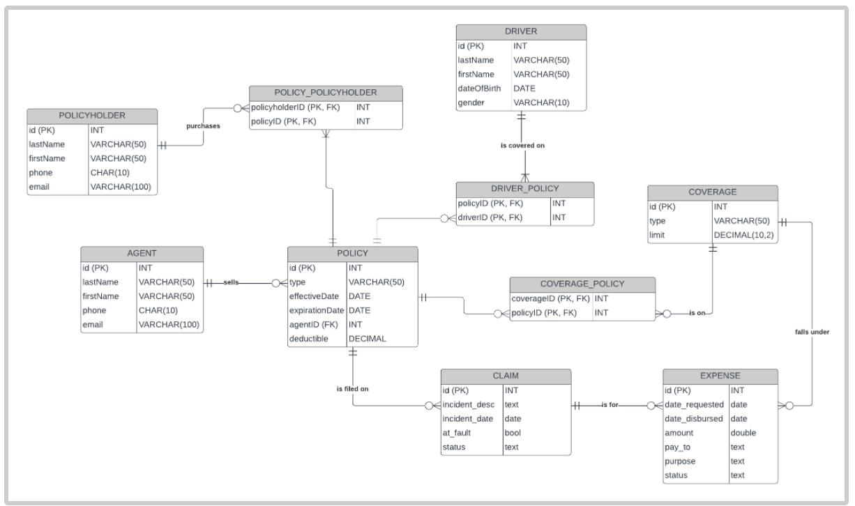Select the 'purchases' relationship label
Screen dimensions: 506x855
203,126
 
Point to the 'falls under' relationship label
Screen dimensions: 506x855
812,332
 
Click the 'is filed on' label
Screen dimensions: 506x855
352,388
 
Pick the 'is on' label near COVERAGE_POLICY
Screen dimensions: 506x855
696,313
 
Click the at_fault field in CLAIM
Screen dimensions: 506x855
457,433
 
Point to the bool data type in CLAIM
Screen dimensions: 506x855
513,433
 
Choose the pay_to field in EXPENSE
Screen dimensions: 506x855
677,447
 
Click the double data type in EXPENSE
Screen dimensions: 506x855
743,433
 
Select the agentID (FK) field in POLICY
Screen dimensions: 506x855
314,324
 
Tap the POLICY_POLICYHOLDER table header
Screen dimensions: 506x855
326,93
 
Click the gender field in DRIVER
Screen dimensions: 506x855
471,103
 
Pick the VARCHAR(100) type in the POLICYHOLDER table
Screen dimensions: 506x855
121,187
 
